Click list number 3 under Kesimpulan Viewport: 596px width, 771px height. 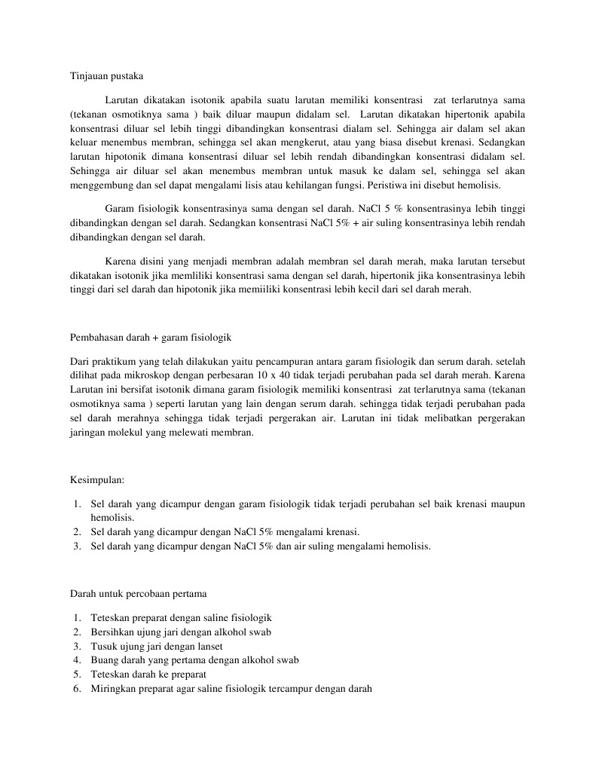[x=78, y=547]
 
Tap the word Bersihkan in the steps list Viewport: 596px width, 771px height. [x=111, y=632]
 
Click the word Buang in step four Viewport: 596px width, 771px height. [x=104, y=660]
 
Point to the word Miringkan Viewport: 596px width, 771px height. [x=115, y=689]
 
